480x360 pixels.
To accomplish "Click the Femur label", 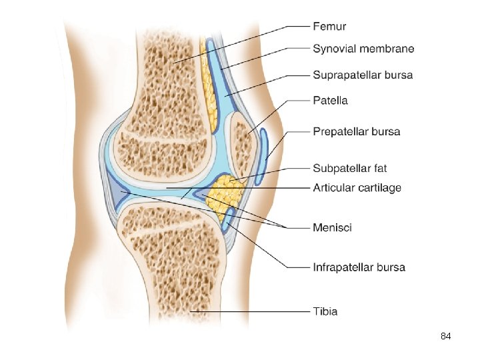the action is [329, 27].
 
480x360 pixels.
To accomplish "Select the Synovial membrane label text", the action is [363, 49].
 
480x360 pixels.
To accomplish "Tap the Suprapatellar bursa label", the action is [363, 75].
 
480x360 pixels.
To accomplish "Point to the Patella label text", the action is [330, 101].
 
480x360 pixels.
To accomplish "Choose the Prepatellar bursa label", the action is [357, 131].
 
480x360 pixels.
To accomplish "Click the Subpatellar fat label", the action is [350, 167].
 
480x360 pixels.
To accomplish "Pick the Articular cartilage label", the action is [357, 188].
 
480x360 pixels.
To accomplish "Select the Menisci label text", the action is [332, 228].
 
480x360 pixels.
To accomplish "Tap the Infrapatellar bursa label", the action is [359, 267].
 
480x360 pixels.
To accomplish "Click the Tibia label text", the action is [325, 311].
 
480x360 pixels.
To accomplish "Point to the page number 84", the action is [446, 337].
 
